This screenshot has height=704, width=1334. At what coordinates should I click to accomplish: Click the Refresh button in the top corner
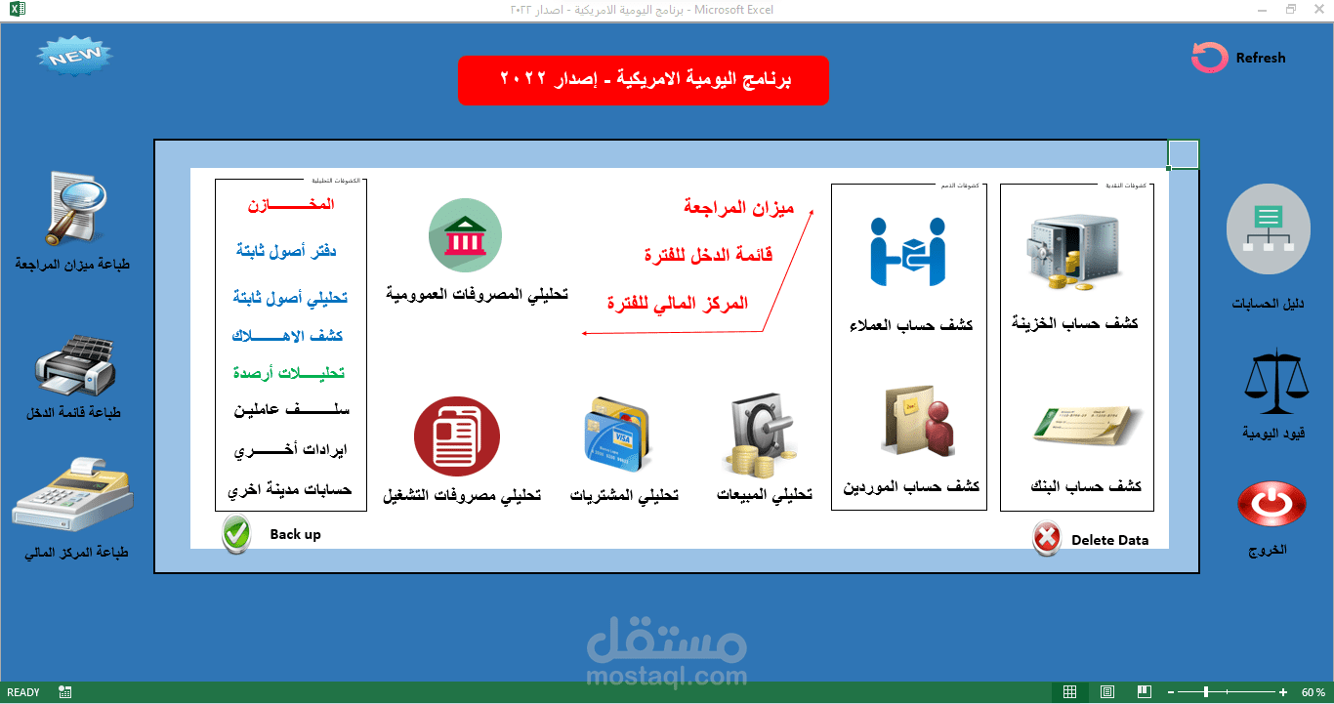point(1238,58)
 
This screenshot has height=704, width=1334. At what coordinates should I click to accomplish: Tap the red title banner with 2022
point(644,80)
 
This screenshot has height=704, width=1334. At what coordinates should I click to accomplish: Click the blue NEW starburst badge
point(75,58)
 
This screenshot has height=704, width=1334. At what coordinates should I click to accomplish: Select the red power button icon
point(1271,505)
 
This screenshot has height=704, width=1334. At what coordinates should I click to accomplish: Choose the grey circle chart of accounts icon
point(1268,230)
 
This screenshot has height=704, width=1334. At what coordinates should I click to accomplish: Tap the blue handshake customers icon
point(910,251)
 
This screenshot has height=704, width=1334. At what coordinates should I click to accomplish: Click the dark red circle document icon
point(457,436)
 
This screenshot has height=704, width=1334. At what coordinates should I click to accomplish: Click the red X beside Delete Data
point(1047,538)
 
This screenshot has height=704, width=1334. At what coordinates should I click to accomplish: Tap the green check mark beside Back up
point(236,535)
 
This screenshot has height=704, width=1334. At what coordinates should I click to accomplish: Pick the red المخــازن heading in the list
point(290,205)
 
